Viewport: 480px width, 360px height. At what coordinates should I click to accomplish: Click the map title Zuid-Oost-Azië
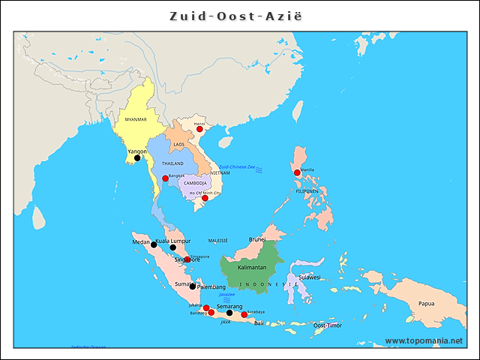point(240,15)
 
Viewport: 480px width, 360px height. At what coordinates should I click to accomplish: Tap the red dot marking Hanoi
point(199,130)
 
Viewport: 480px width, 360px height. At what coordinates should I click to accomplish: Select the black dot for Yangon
point(137,158)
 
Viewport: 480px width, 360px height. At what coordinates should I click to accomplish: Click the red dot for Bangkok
point(165,178)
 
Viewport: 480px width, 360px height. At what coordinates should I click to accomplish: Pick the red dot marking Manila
point(297,173)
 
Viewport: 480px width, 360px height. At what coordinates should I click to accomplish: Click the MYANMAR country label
point(136,119)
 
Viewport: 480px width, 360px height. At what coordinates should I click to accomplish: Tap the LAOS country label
point(178,144)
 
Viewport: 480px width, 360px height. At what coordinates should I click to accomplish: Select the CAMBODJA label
point(194,183)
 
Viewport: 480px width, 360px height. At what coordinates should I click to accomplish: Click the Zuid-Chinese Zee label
point(237,167)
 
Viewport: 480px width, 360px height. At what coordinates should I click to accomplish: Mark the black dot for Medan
point(154,244)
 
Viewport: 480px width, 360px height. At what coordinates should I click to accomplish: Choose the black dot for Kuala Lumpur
point(172,247)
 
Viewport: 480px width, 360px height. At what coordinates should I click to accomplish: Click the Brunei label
point(257,239)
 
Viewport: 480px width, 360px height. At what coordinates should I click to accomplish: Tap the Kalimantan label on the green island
point(252,268)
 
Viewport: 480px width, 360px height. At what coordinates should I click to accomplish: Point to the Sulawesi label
point(310,277)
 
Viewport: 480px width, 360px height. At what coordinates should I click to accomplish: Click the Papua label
point(426,304)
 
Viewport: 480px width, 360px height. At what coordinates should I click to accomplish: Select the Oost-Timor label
point(327,325)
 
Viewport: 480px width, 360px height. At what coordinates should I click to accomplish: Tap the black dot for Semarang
point(229,313)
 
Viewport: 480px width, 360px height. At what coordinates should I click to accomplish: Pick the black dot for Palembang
point(193,286)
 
